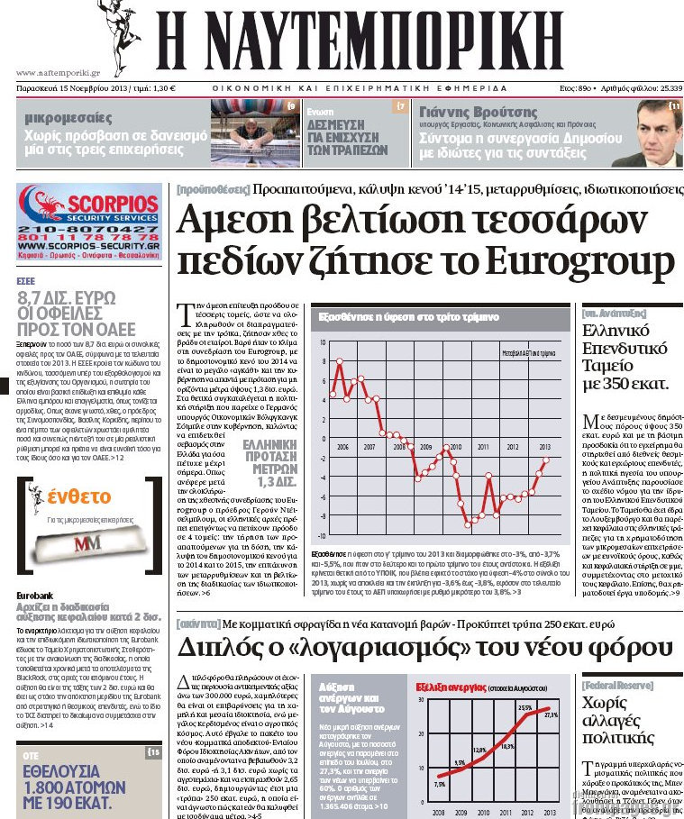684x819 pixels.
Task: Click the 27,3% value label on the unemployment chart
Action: pyautogui.click(x=551, y=714)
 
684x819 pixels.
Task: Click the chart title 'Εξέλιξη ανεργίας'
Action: pyautogui.click(x=450, y=686)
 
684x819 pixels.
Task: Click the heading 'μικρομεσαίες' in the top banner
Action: pyautogui.click(x=68, y=117)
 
